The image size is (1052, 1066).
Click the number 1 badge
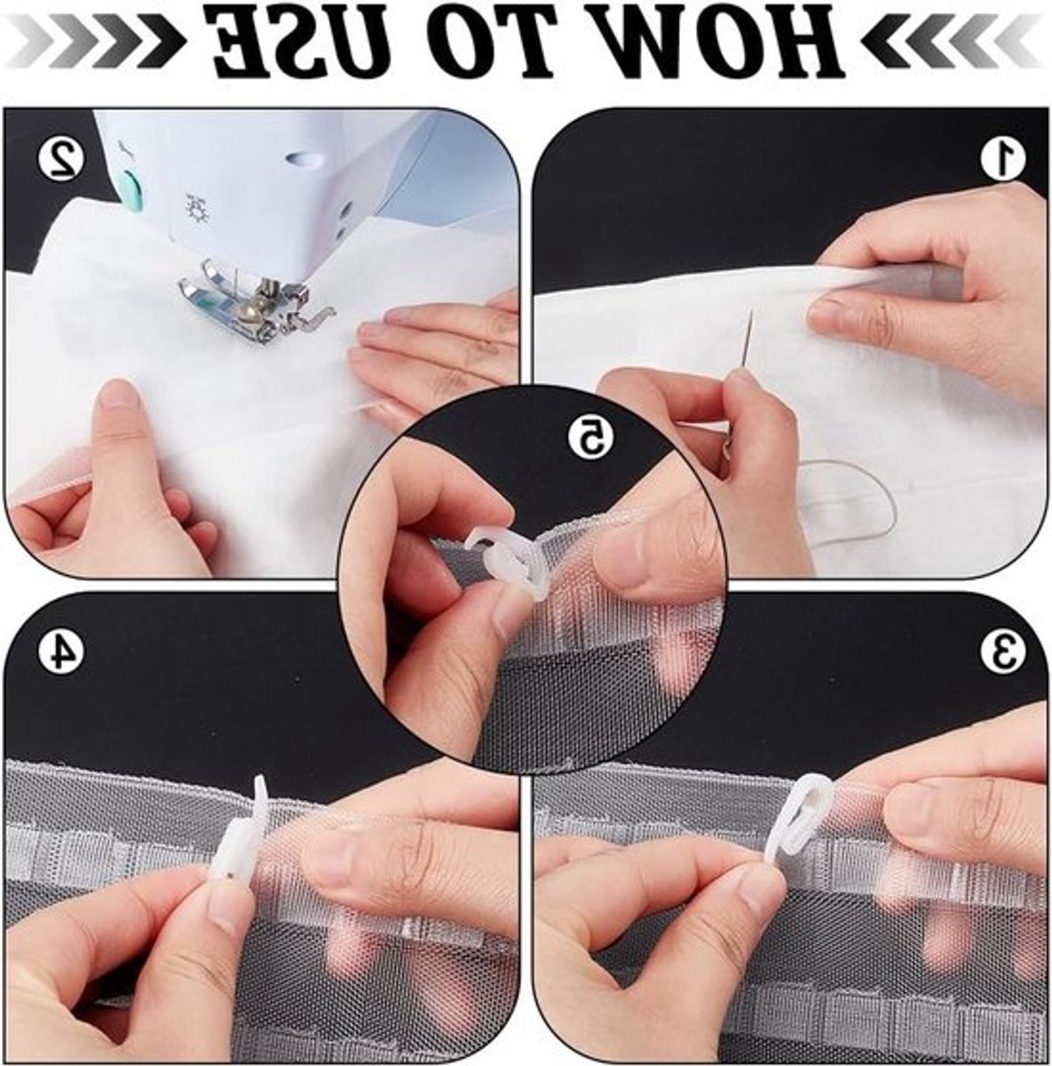coord(1002,158)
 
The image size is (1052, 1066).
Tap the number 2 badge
coord(61,158)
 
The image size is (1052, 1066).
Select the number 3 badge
coord(1002,650)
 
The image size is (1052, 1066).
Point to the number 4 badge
coord(61,650)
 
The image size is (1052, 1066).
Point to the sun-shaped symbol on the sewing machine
coord(194,207)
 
